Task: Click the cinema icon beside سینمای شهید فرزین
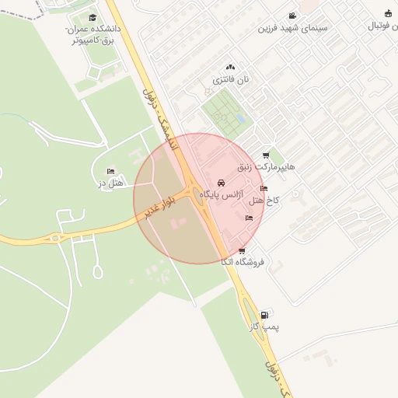point(292,16)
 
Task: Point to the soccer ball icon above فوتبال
point(389,13)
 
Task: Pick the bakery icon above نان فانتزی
point(229,68)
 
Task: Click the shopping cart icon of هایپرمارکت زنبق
point(267,155)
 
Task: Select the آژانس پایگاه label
point(222,194)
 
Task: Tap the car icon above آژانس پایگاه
point(221,183)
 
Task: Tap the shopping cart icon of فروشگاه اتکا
point(243,250)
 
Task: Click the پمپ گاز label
point(264,327)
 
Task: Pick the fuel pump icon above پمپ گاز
point(266,315)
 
